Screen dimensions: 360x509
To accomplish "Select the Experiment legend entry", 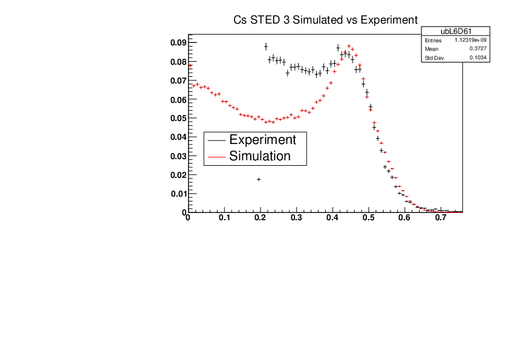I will (x=262, y=139).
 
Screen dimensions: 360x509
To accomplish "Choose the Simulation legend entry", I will (x=260, y=155).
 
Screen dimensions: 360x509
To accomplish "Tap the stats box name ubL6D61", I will (x=455, y=31).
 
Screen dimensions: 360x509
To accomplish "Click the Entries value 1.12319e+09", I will (x=470, y=40).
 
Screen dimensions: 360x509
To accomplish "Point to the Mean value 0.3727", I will (x=477, y=49).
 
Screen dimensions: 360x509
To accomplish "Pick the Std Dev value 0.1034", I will (x=477, y=57).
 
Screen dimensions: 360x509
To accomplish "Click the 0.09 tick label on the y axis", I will (x=177, y=42).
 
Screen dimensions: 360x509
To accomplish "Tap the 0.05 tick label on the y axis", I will (x=177, y=118).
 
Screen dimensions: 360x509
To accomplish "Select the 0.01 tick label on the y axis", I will (x=177, y=194).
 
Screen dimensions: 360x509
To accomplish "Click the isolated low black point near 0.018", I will (x=259, y=179).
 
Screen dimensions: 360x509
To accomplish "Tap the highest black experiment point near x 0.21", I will (x=265, y=47).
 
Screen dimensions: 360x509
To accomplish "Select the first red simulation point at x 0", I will (x=190, y=65).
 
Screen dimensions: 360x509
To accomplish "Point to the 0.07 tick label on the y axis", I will (x=177, y=80).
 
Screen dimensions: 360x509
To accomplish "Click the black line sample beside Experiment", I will (x=216, y=140).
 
